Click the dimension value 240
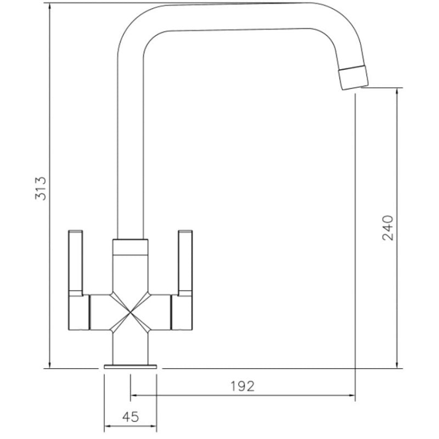coord(387,227)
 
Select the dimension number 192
coord(243,386)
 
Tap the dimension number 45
coord(130,417)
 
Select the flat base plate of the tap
coord(130,366)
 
